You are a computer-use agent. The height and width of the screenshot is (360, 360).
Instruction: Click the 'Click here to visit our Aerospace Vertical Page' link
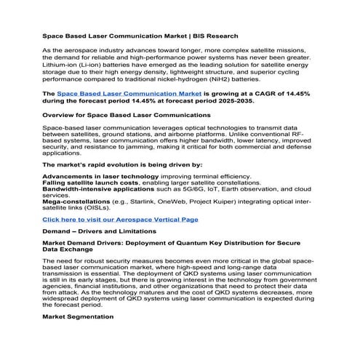120,219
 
